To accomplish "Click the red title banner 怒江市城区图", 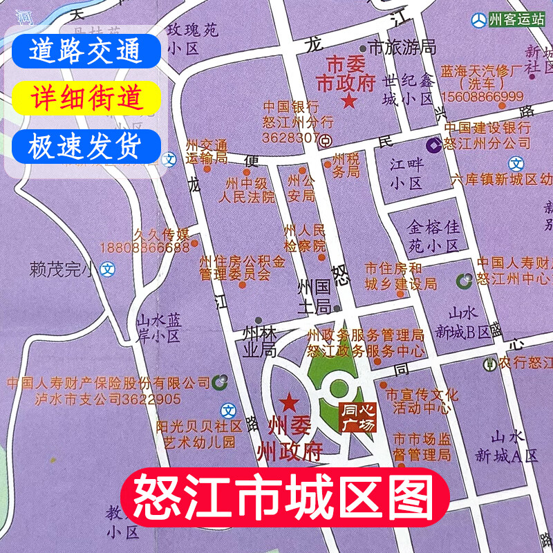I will coord(285,496).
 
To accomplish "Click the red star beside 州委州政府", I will coord(289,402).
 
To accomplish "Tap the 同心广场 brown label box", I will coord(359,418).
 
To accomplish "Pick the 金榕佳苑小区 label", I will coord(433,236).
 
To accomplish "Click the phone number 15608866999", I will coord(482,96).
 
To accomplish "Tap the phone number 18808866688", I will coord(144,247).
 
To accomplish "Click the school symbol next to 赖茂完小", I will coord(106,269).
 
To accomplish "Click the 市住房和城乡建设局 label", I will coord(401,276).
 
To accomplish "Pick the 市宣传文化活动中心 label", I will coord(422,402).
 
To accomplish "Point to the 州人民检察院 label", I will coord(304,237).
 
